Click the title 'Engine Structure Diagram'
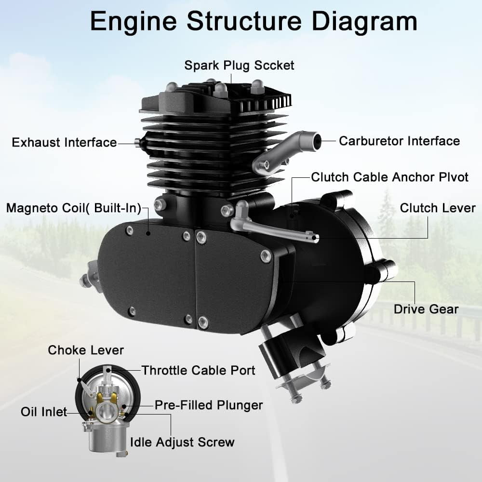[x=253, y=22]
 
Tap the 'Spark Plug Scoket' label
[x=239, y=65]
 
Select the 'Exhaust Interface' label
[x=64, y=143]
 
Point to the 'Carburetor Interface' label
[x=399, y=141]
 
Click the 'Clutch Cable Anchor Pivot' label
[x=389, y=177]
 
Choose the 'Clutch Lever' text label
[x=438, y=208]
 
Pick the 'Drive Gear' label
[x=426, y=308]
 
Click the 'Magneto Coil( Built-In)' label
[x=73, y=208]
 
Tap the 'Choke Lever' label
[x=86, y=350]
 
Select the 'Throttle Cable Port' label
[x=198, y=370]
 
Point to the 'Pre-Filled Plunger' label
[x=208, y=405]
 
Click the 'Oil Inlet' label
[x=43, y=412]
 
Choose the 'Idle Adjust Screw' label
[x=182, y=442]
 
